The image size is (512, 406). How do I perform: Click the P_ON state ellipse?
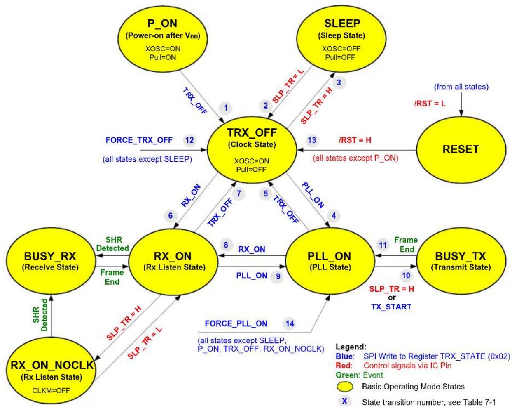click(163, 39)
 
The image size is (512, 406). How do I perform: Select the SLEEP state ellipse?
click(341, 39)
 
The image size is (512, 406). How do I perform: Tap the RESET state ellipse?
click(461, 150)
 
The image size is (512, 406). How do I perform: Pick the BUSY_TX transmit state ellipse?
click(461, 261)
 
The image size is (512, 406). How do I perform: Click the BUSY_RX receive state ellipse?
click(51, 261)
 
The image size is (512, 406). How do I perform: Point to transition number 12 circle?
click(189, 140)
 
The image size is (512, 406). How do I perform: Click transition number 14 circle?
click(290, 324)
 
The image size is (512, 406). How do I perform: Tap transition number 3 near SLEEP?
click(339, 83)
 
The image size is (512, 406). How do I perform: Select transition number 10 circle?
click(406, 276)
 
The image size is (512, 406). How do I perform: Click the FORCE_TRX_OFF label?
click(139, 140)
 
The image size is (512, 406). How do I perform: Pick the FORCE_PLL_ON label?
click(236, 324)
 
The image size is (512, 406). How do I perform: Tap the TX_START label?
click(391, 307)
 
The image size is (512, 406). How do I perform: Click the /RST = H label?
click(355, 140)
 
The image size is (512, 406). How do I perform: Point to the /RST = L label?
click(430, 104)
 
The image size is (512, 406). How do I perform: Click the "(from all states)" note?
click(461, 87)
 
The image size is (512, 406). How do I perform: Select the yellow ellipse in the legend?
click(345, 387)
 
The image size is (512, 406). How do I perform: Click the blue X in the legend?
click(344, 401)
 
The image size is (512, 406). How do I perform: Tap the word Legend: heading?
click(351, 347)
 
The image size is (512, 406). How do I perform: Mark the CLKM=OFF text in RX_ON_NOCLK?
click(51, 391)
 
